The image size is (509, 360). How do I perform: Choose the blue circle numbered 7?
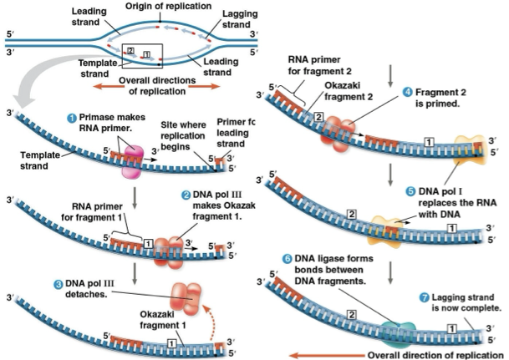[425, 297]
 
